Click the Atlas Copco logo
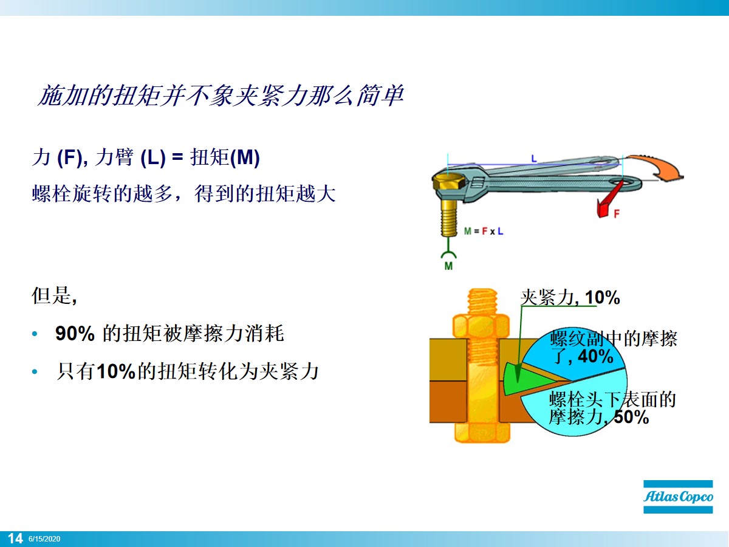pos(679,497)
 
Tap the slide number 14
pos(15,538)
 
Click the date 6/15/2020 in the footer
pos(44,539)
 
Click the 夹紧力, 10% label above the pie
pos(570,297)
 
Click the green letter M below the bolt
pos(448,266)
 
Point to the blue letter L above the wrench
pos(534,158)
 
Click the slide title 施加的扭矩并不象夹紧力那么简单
pos(221,96)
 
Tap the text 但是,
pos(53,297)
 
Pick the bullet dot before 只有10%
pos(35,371)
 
